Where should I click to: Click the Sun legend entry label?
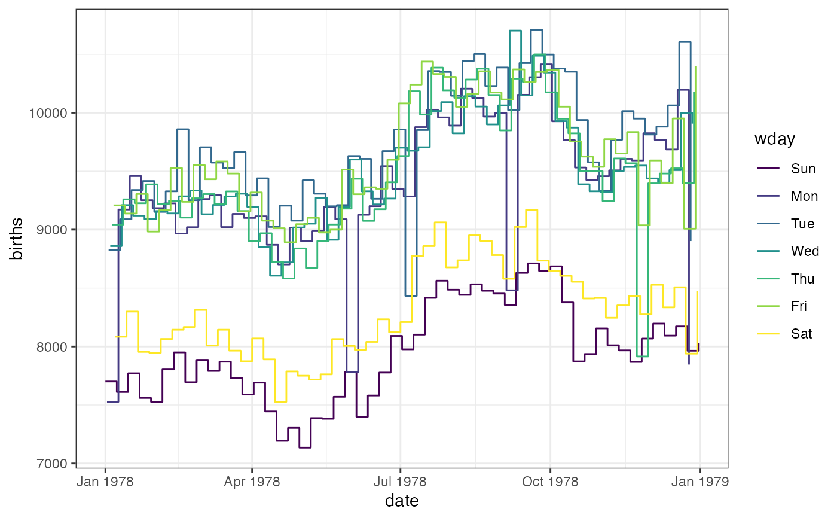click(x=803, y=169)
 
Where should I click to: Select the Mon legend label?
click(x=804, y=196)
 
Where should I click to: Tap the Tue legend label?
click(x=803, y=224)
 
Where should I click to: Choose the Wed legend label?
click(x=805, y=251)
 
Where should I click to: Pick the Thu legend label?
click(x=803, y=279)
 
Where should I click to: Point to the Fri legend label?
click(x=799, y=306)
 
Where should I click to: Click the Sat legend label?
click(x=802, y=334)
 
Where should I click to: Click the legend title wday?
click(x=775, y=139)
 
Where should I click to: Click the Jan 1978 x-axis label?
click(x=106, y=482)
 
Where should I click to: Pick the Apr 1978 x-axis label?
click(x=252, y=482)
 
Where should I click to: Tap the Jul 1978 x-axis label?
click(x=400, y=482)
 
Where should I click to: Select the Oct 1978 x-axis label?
click(x=550, y=482)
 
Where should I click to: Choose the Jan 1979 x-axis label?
click(x=700, y=482)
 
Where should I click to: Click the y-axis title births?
click(x=17, y=239)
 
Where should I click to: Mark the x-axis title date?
click(x=402, y=501)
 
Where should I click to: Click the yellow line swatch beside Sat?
click(x=768, y=334)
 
